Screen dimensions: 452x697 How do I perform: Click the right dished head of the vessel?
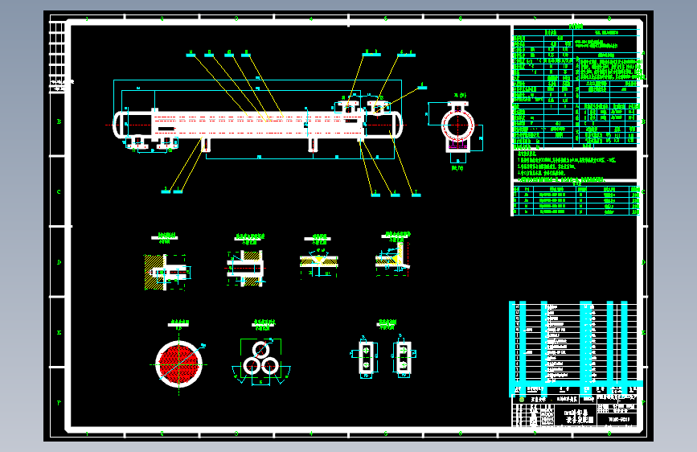tap(397, 123)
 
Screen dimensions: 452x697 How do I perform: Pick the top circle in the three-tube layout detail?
tap(261, 350)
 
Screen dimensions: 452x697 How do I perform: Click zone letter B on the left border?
tap(58, 122)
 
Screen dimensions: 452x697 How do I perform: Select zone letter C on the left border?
tap(58, 192)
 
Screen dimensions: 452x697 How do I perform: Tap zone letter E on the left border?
tap(58, 331)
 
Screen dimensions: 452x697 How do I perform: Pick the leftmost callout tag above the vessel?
tap(191, 54)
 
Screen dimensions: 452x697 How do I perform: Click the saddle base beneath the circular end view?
tap(457, 158)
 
